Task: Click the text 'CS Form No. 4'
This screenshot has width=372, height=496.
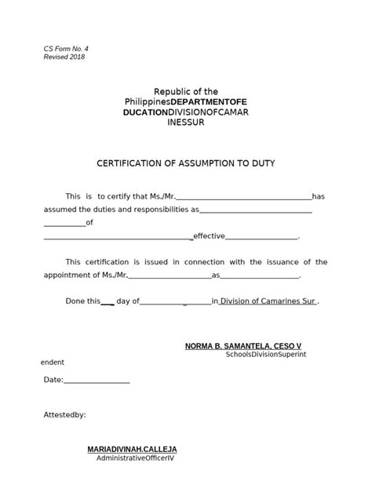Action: (65, 49)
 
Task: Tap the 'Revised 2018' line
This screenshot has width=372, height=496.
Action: (64, 57)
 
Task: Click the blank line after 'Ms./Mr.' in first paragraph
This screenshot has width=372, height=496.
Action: (245, 196)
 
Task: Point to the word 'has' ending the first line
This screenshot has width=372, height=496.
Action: (319, 195)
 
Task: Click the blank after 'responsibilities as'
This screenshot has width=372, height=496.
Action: (257, 210)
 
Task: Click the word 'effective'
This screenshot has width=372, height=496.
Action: (210, 235)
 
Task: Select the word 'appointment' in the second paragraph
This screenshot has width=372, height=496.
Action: (65, 275)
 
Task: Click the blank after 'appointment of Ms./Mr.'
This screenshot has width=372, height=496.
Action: (169, 276)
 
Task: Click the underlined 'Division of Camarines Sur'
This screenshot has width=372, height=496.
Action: (268, 301)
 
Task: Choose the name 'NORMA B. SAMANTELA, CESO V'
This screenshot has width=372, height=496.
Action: (243, 345)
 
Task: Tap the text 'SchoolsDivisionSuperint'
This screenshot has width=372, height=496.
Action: (265, 355)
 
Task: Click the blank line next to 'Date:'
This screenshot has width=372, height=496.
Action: (96, 381)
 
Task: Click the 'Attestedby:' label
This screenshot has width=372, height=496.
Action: (65, 414)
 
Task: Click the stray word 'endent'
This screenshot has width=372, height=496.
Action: (52, 363)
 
